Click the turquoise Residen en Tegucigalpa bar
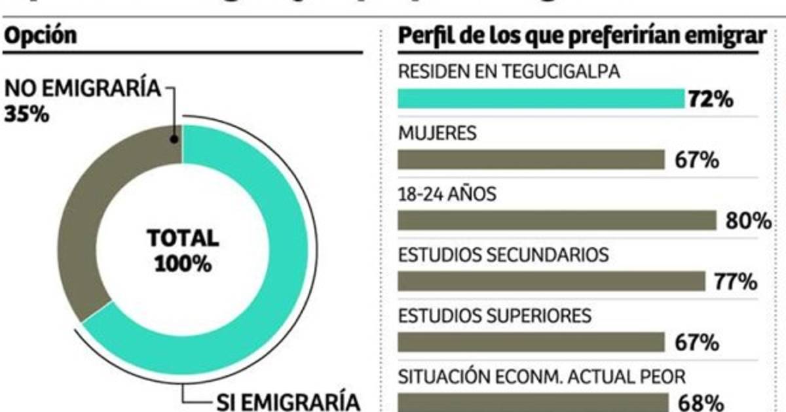[x=541, y=99]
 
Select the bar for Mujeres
[x=531, y=160]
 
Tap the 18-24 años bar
[x=557, y=220]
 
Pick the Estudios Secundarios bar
[x=551, y=281]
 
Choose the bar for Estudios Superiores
[x=531, y=341]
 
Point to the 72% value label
[x=711, y=99]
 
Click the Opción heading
[x=41, y=36]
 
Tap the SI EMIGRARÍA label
[x=288, y=400]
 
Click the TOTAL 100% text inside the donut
[x=183, y=250]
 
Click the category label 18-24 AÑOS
[x=447, y=194]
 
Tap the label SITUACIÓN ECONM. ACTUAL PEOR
[x=542, y=376]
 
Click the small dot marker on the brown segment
[x=174, y=139]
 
